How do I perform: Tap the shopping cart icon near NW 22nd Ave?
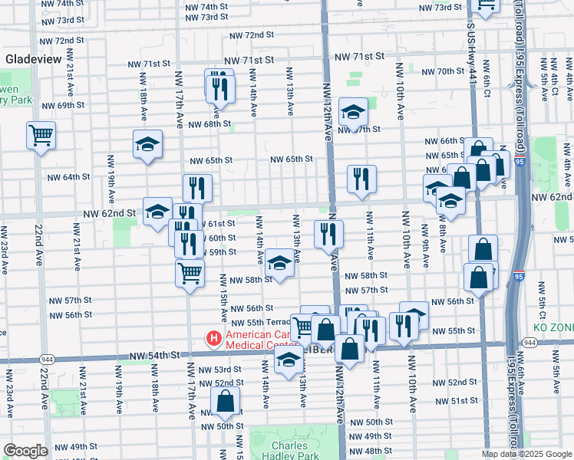[x=41, y=136]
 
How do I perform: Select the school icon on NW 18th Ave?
[x=147, y=143]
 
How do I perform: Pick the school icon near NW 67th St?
[x=353, y=113]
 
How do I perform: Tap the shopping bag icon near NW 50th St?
[x=226, y=400]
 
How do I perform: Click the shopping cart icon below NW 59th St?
[x=190, y=271]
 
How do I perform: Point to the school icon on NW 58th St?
[x=280, y=264]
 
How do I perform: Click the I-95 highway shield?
[x=521, y=163]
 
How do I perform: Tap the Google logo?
[x=25, y=451]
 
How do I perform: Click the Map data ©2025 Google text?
[x=526, y=454]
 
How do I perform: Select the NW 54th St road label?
[x=153, y=355]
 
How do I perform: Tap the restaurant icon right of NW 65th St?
[x=361, y=179]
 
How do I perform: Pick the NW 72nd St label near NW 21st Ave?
[x=62, y=41]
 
